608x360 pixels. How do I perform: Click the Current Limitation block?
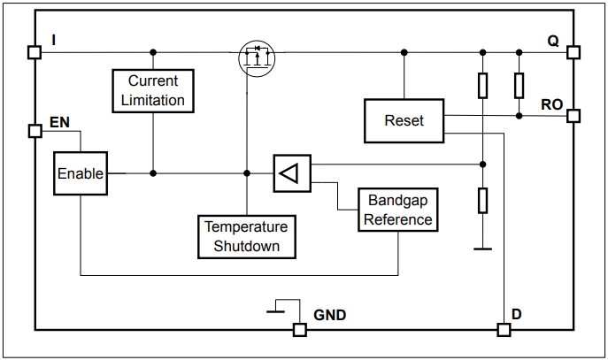click(153, 90)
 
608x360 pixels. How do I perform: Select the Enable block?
click(80, 173)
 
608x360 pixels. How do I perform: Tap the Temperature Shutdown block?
click(245, 236)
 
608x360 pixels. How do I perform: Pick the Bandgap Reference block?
click(398, 210)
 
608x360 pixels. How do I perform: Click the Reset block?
click(404, 121)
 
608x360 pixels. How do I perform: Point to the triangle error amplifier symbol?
click(291, 173)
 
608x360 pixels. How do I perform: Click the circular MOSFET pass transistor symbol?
click(257, 57)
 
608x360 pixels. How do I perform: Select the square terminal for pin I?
click(35, 52)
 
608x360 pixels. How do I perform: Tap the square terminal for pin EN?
click(35, 131)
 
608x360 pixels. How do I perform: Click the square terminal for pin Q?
click(573, 52)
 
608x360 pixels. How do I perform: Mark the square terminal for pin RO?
click(573, 116)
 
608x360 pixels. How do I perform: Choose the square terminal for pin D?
click(504, 330)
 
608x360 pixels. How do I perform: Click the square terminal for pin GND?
click(300, 330)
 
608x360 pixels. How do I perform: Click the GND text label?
click(329, 315)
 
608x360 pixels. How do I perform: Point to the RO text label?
click(551, 104)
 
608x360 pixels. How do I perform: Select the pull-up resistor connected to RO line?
click(519, 85)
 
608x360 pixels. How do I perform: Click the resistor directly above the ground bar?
click(482, 201)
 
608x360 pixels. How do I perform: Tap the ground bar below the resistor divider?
click(482, 249)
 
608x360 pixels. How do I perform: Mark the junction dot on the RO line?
click(519, 115)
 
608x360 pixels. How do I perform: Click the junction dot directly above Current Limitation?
click(153, 52)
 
